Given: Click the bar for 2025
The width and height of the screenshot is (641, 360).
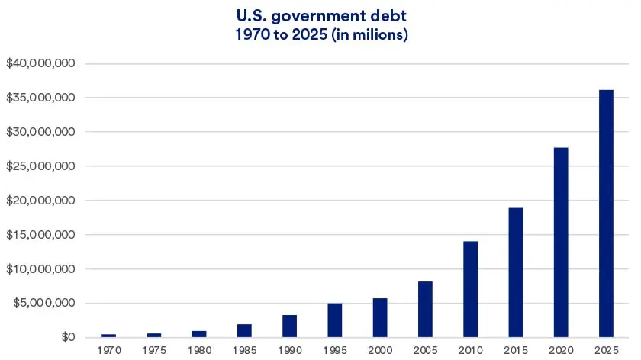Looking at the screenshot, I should [607, 214].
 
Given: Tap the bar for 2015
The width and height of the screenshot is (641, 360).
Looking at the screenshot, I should [516, 272].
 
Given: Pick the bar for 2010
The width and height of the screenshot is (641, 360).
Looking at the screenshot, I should [471, 289].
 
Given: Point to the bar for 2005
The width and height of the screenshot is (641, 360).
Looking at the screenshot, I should [426, 310].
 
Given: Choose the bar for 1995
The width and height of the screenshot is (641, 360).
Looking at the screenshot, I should [335, 320].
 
